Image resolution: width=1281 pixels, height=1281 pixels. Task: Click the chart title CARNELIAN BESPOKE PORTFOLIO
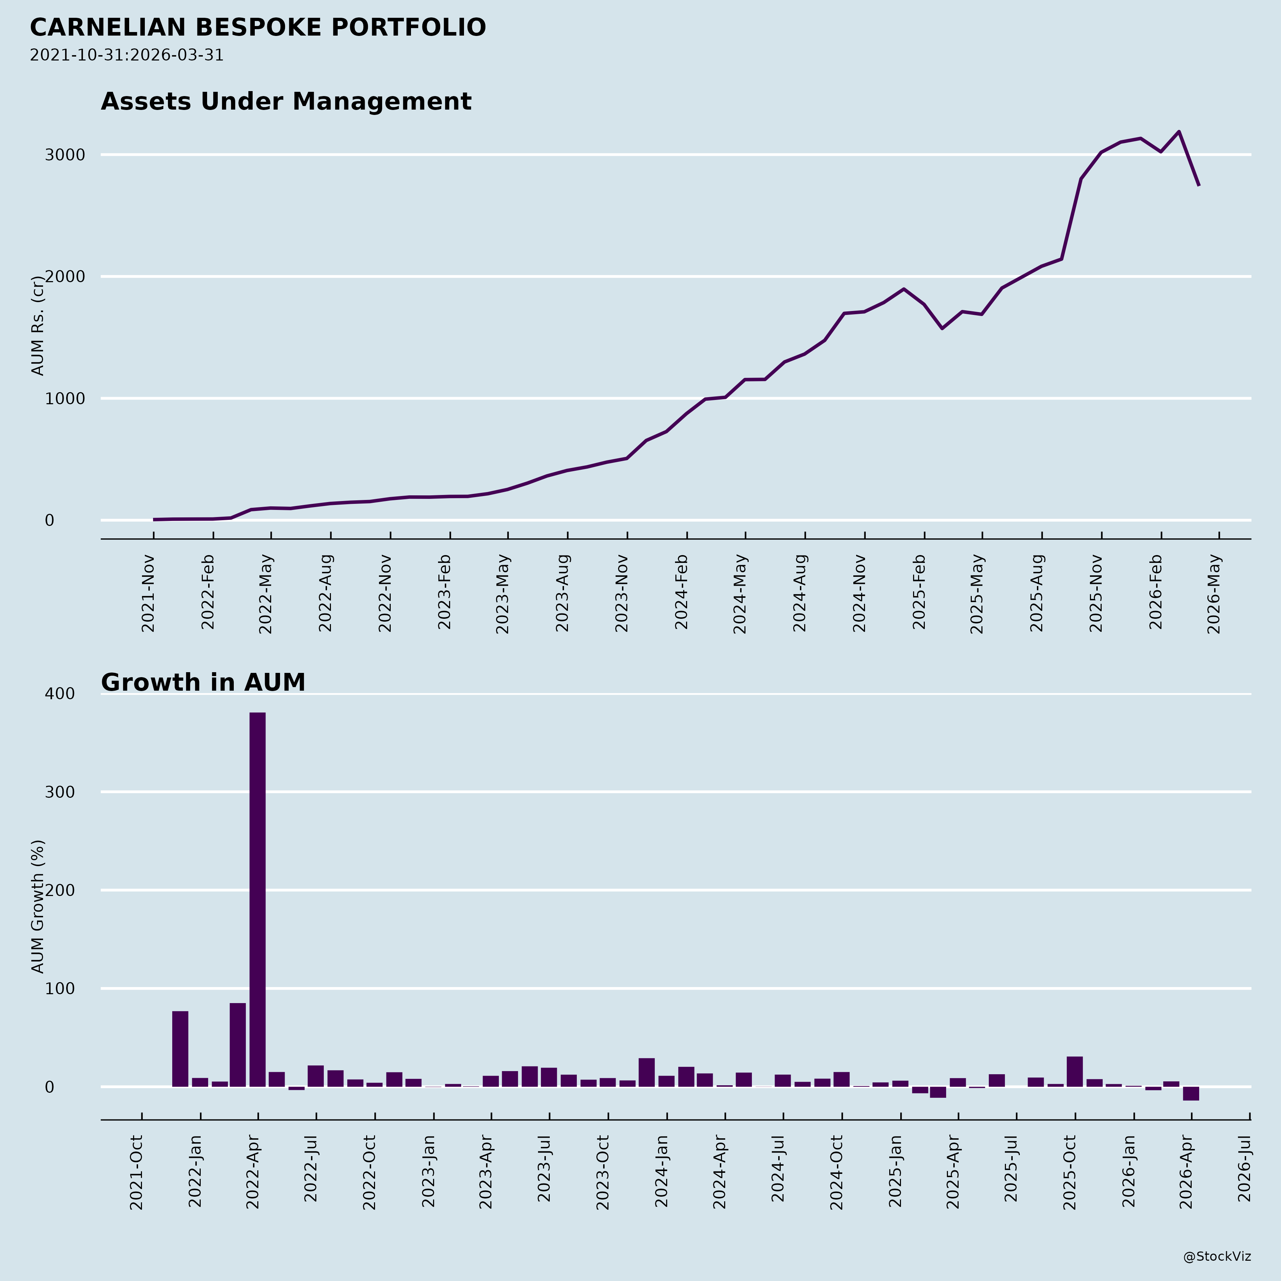click(258, 28)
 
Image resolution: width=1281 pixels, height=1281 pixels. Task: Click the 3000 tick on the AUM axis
click(65, 155)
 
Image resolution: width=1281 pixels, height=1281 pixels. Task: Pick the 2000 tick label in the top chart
click(65, 276)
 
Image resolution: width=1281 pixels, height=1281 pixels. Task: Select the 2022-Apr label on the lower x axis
click(253, 1172)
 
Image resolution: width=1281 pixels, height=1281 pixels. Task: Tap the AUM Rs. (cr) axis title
click(38, 326)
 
